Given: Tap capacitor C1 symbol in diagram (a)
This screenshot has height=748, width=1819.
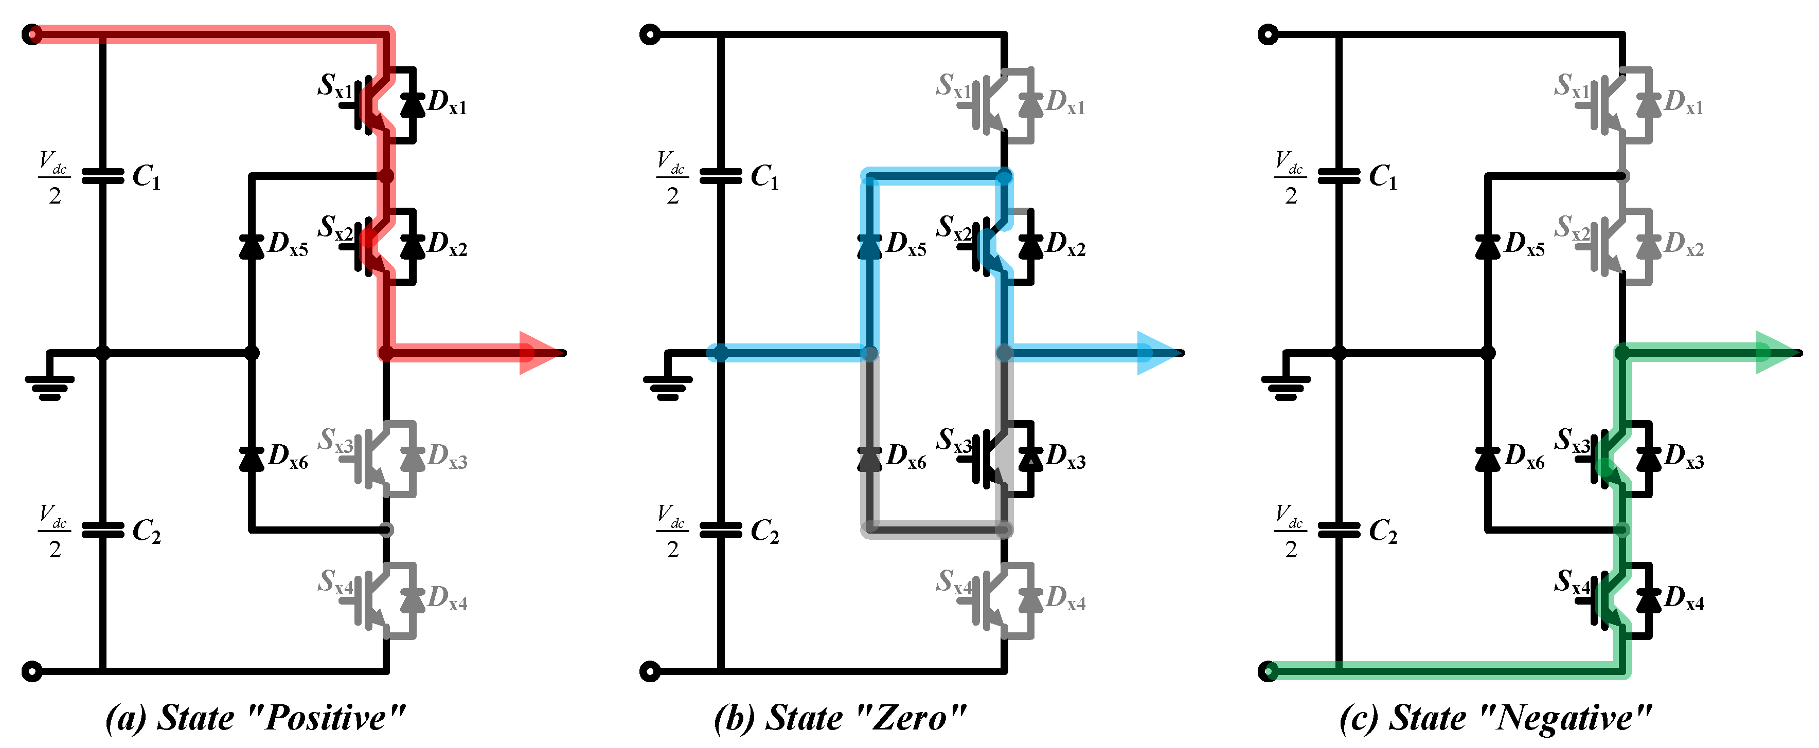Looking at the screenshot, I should (103, 176).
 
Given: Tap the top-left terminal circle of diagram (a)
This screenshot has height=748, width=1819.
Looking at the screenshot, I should (32, 34).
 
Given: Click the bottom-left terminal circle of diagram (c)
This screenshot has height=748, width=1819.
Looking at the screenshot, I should (1268, 670).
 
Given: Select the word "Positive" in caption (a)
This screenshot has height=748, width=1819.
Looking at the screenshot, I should (326, 718).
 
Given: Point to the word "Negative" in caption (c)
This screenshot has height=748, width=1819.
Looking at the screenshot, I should (1564, 718).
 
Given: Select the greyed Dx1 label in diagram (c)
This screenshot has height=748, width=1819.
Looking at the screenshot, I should (1683, 103).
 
